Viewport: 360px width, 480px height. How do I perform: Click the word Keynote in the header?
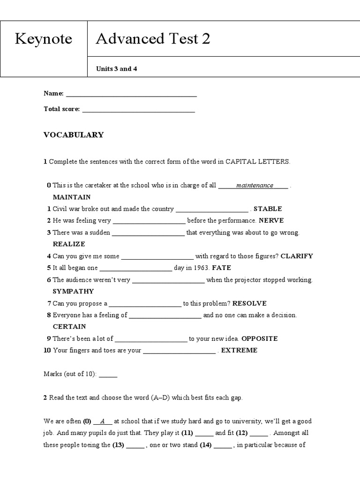44,39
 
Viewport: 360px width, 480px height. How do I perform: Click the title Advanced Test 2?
153,39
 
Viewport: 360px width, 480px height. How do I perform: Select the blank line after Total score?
138,110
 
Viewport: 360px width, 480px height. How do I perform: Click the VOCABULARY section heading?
74,135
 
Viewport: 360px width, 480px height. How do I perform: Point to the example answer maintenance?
255,186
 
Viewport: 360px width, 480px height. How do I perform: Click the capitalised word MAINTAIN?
72,197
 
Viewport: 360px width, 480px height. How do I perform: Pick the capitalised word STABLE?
268,209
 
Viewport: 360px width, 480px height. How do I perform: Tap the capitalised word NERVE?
271,221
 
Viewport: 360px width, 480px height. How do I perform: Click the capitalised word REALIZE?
69,244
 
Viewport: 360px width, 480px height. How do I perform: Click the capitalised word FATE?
221,268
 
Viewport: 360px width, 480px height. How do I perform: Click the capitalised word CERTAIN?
69,327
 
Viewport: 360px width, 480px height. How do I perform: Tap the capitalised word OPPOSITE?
259,338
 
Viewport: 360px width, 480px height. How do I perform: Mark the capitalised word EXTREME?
239,350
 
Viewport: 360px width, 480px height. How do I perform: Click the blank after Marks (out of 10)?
108,375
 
